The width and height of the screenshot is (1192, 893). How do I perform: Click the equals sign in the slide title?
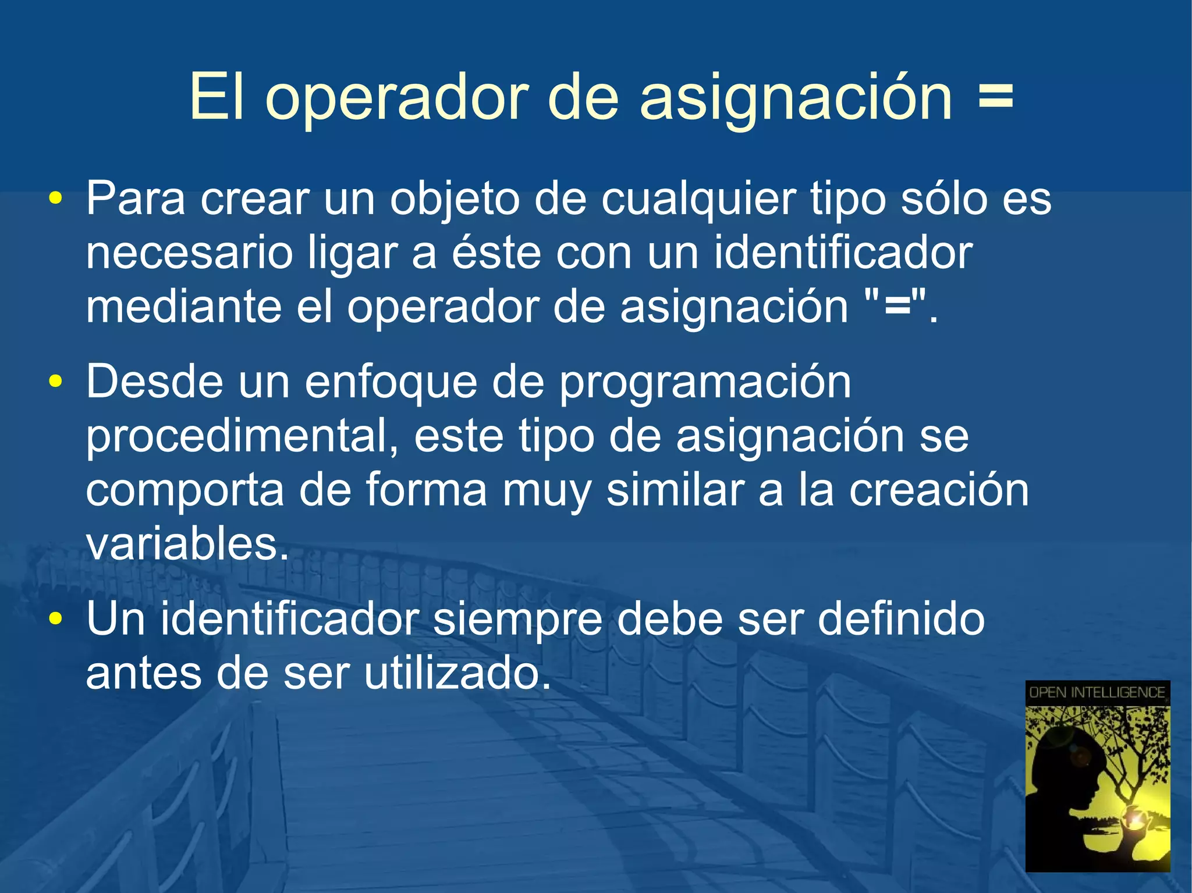point(995,97)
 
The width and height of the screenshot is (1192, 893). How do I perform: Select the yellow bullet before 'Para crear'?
point(56,199)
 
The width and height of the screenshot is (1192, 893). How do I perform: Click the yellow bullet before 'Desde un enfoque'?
point(56,382)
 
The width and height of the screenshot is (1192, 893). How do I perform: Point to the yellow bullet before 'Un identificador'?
point(56,618)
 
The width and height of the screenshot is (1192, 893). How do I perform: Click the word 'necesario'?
point(189,254)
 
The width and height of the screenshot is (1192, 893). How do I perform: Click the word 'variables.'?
point(187,544)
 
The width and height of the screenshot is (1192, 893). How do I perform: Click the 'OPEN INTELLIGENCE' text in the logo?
point(1097,692)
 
